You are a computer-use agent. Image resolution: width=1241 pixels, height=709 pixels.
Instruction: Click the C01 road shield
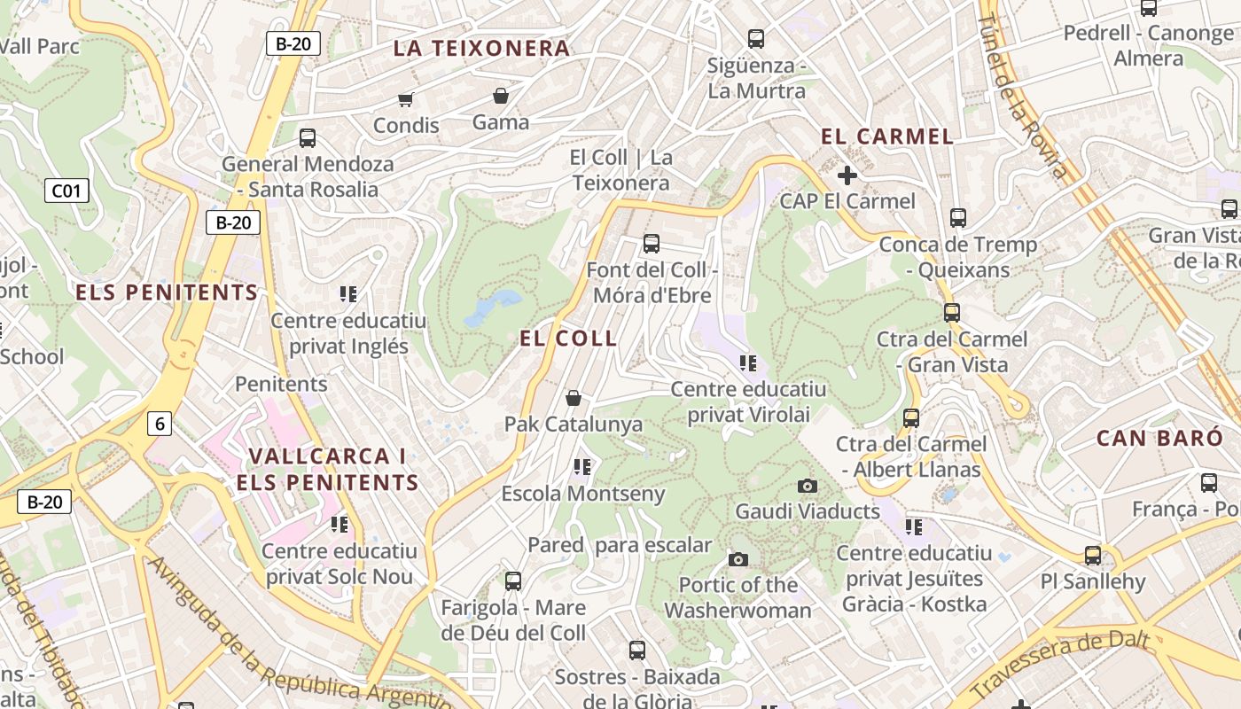(x=66, y=190)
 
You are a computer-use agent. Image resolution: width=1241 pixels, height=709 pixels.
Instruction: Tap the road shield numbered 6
(x=160, y=424)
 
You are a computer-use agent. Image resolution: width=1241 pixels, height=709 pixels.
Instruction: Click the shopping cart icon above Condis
(x=406, y=99)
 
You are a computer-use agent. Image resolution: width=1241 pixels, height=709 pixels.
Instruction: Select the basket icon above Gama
(x=501, y=96)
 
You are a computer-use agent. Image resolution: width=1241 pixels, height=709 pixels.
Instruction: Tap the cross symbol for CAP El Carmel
(x=847, y=175)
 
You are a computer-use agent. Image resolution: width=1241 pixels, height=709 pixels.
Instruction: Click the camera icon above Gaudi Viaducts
(x=807, y=486)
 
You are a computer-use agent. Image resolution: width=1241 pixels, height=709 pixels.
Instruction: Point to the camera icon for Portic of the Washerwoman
(x=738, y=559)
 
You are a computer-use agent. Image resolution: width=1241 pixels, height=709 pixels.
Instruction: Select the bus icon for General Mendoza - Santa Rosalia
(x=308, y=138)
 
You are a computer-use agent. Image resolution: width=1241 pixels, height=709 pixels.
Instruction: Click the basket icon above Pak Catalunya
(x=574, y=398)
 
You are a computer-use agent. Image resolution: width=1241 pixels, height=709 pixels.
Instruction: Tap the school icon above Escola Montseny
(x=582, y=466)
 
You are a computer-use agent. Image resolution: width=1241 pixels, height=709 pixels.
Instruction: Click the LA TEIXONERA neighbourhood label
(x=481, y=49)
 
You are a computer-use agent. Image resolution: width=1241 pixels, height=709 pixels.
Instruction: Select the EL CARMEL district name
(x=887, y=136)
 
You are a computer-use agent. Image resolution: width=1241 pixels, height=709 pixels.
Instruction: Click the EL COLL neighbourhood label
(x=568, y=338)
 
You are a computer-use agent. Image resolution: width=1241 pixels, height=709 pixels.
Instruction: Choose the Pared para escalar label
(x=620, y=545)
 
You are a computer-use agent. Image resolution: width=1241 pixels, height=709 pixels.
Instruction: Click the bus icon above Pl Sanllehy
(x=1093, y=556)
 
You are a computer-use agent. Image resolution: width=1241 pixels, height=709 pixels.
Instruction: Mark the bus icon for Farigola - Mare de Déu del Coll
(x=513, y=581)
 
